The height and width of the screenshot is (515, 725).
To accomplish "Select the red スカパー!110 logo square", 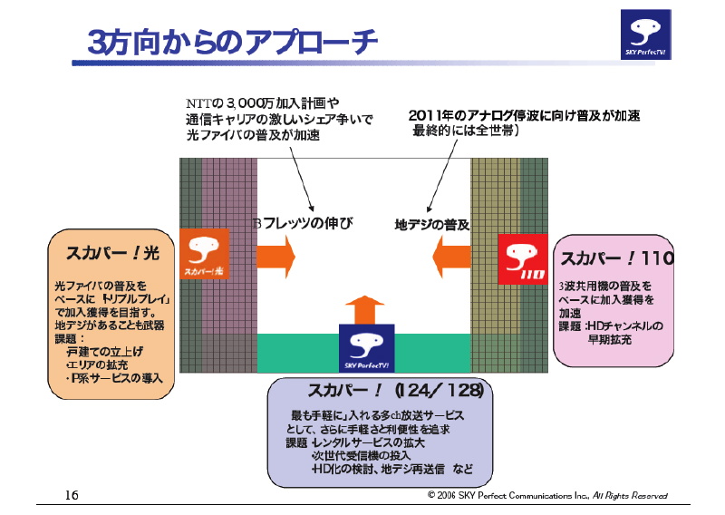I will [521, 258].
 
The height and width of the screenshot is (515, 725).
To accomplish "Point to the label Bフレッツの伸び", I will [301, 223].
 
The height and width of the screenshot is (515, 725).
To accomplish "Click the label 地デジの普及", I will [431, 223].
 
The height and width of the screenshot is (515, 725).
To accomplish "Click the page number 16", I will [72, 495].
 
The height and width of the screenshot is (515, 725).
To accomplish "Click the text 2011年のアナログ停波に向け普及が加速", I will [525, 116].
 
